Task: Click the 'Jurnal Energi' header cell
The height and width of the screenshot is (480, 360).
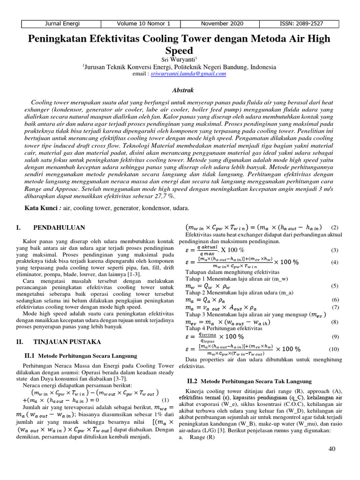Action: click(x=62, y=23)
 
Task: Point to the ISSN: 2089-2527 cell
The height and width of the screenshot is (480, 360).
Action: click(x=302, y=23)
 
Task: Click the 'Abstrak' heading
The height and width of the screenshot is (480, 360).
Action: click(x=180, y=90)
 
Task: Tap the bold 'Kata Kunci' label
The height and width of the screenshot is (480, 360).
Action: click(x=41, y=208)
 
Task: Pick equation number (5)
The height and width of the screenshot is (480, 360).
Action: click(x=335, y=285)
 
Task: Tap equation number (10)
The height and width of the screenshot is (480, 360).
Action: click(x=333, y=349)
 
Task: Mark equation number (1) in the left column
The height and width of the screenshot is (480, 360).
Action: click(x=165, y=400)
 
